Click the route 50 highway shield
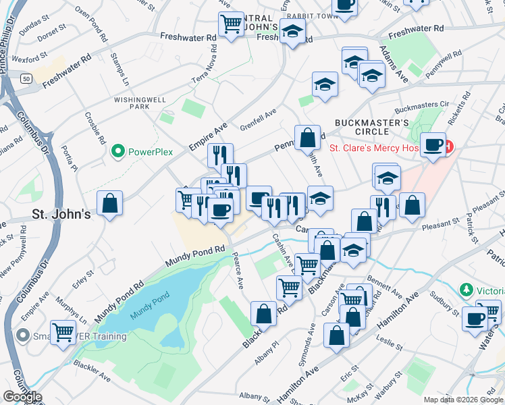(x=26, y=79)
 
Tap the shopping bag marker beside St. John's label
(x=110, y=203)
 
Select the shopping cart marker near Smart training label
(x=63, y=332)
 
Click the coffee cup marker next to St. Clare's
(x=432, y=144)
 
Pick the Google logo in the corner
(x=22, y=396)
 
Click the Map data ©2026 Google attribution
(x=462, y=400)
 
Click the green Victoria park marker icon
(x=465, y=290)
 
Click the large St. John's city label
(x=61, y=215)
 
